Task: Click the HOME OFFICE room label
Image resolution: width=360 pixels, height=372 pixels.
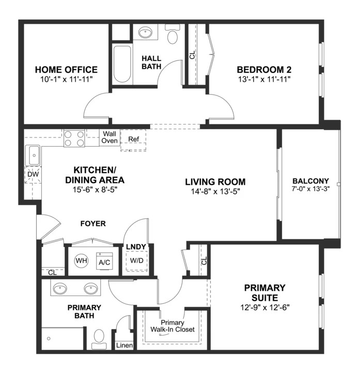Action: (66, 70)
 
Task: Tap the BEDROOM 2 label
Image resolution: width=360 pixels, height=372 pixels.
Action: (264, 70)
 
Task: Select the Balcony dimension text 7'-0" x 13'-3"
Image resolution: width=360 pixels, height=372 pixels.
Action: (310, 189)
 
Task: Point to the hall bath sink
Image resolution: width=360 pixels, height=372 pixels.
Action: (145, 32)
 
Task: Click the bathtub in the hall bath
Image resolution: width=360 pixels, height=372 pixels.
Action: (122, 64)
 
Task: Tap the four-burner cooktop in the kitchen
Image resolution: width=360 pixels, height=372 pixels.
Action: (74, 138)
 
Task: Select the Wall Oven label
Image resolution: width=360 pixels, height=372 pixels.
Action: (109, 137)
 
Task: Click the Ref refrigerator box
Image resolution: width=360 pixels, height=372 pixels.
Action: (133, 140)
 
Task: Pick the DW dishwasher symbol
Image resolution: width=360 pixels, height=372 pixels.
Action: (33, 175)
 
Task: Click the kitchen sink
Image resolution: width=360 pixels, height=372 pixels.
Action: (34, 155)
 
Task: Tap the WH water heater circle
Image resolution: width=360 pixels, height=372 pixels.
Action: (81, 261)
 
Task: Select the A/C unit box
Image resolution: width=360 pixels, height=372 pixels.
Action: (104, 261)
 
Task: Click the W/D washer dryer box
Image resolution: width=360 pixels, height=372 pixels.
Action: (136, 261)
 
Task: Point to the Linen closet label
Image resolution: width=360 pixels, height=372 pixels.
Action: (124, 346)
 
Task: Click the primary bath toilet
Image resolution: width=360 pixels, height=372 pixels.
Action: (99, 339)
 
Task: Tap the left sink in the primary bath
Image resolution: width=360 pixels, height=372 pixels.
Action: (60, 289)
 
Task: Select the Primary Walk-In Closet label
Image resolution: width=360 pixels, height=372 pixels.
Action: (173, 326)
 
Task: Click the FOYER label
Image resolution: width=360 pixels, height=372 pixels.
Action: (93, 224)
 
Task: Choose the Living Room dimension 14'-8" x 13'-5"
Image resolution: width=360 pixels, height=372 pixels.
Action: (215, 191)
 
